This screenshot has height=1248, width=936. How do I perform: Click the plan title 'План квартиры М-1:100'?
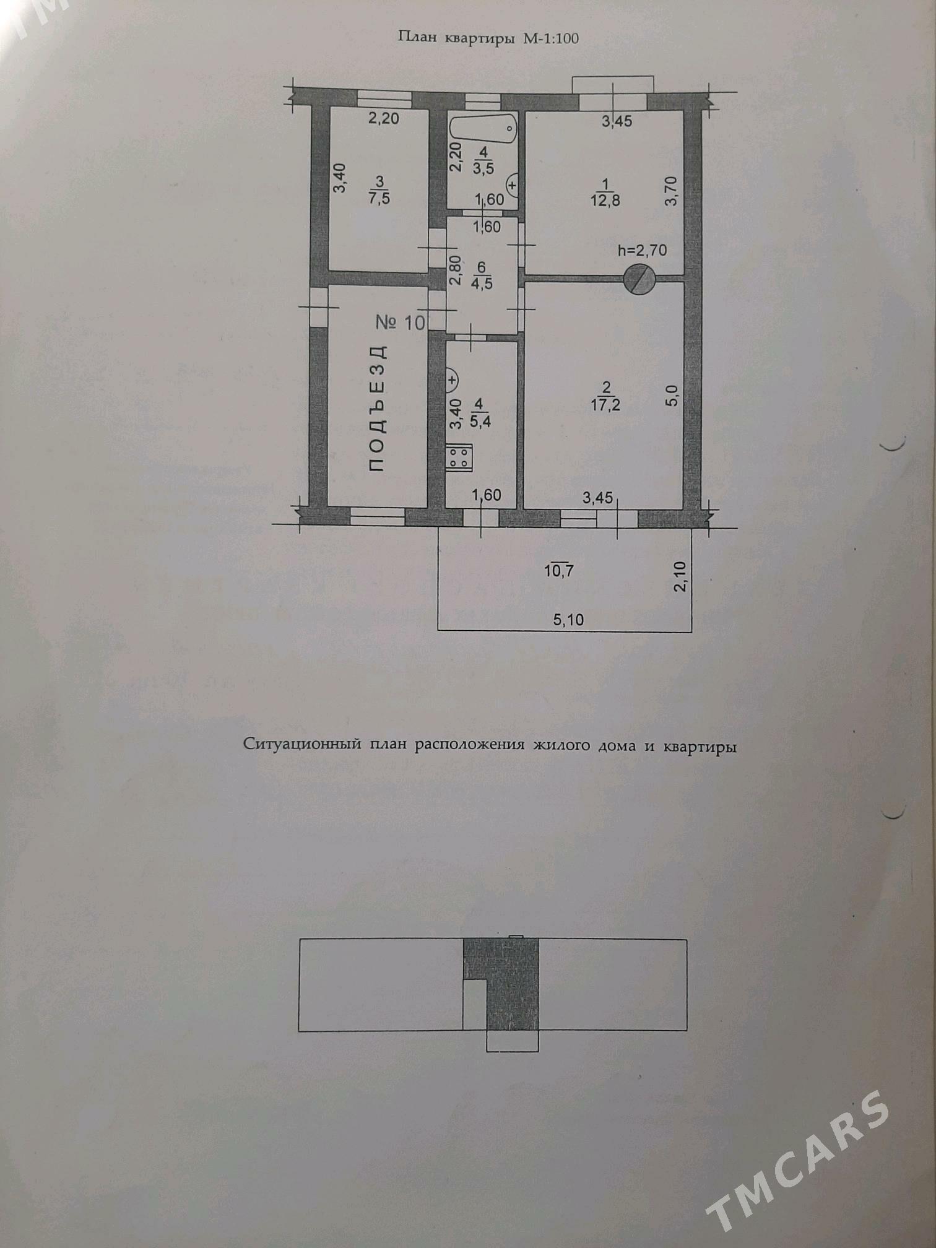488,38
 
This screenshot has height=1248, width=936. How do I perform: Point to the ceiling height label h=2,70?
642,251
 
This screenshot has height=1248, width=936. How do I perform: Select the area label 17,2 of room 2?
605,405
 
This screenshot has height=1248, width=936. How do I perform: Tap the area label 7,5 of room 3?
379,198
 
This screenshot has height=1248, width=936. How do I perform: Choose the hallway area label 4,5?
481,285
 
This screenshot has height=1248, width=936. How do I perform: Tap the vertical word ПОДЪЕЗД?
377,409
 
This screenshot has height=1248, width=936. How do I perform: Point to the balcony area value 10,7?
558,570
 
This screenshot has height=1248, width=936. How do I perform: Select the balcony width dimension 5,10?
568,619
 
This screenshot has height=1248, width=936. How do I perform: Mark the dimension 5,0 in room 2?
674,394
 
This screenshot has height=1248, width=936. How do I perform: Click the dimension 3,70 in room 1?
674,191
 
